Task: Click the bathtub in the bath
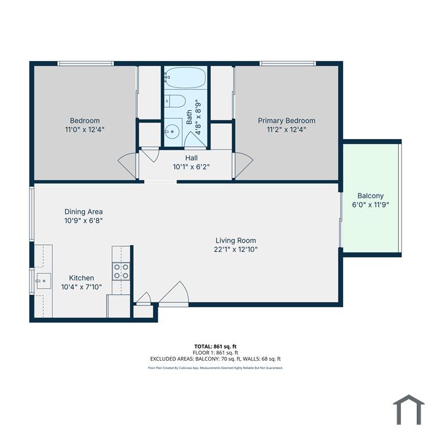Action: (185, 78)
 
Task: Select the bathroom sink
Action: (173, 132)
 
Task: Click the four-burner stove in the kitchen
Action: (121, 272)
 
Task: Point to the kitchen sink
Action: (44, 281)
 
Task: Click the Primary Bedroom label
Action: (286, 121)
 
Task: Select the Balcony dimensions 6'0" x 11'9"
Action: (370, 205)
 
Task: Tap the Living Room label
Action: (236, 241)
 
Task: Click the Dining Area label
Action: (84, 212)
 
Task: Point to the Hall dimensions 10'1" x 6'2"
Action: (191, 167)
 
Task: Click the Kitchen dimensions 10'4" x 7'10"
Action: (81, 287)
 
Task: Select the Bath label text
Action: (189, 117)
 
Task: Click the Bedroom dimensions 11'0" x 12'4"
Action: (85, 129)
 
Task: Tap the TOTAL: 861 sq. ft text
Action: (216, 347)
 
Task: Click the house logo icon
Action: (409, 409)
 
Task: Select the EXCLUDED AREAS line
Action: (216, 359)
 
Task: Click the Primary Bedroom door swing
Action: (244, 165)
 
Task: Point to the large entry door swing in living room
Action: (174, 292)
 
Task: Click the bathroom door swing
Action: (195, 140)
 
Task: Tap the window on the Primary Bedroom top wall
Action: (288, 63)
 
